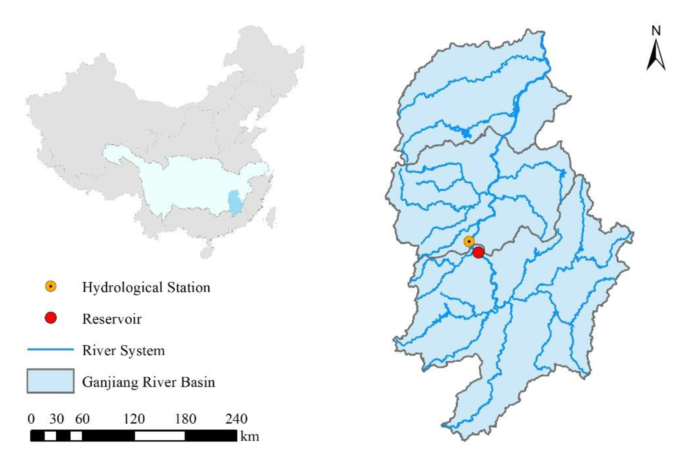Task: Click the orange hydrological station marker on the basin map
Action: point(469,242)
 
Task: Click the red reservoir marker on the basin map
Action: point(478,252)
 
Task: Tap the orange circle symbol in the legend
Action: point(51,286)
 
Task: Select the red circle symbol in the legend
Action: point(51,318)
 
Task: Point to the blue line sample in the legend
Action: point(50,349)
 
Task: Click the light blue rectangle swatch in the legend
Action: point(50,381)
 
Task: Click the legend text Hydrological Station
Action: point(146,287)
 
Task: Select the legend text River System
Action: point(123,351)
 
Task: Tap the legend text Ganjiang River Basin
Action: point(149,382)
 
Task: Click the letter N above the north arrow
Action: point(656,31)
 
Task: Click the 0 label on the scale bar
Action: point(31,419)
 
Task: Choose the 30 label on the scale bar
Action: point(56,419)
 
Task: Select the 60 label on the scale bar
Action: point(82,419)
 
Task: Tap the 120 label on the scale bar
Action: point(134,419)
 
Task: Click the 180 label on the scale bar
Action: point(185,419)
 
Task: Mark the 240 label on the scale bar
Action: point(236,419)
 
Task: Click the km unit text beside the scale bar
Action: point(250,436)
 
